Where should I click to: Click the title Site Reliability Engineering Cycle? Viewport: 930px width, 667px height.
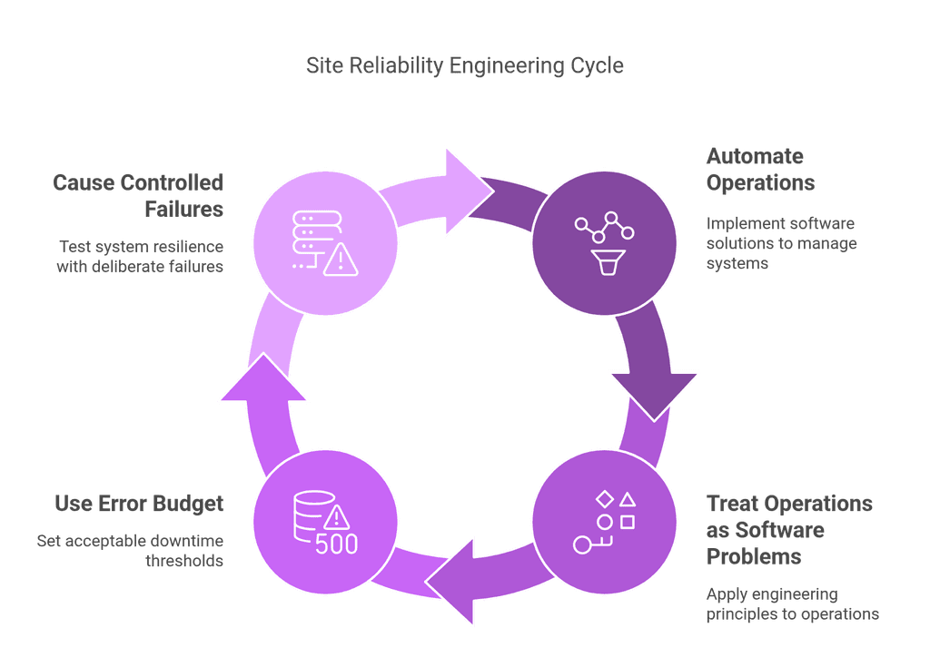464,66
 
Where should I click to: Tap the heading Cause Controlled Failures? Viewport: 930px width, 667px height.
138,195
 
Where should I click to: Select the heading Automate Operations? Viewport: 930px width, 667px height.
760,169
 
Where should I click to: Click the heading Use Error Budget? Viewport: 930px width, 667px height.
138,503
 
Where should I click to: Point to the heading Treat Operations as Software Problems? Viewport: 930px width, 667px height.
789,529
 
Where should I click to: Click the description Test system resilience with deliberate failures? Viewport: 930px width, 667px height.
140,256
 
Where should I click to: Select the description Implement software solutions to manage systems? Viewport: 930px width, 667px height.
781,242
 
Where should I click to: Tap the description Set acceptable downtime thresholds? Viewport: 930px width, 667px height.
130,551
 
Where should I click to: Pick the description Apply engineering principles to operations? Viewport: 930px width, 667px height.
792,604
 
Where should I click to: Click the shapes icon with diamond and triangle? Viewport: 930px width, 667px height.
604,522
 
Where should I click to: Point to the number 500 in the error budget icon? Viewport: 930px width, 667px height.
336,544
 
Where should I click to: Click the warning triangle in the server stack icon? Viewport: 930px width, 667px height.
341,261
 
